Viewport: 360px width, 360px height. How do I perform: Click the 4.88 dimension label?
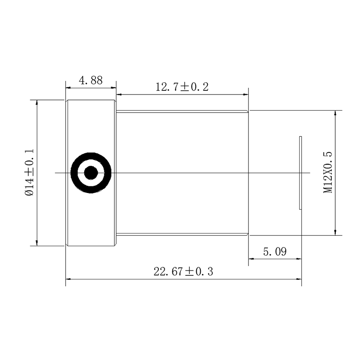91,81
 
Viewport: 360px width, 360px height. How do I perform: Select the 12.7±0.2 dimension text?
182,87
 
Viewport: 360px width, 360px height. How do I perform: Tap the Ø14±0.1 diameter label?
30,172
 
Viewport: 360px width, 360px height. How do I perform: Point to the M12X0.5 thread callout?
328,172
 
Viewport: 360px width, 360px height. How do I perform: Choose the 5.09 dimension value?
275,252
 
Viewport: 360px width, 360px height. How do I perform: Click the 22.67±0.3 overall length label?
183,272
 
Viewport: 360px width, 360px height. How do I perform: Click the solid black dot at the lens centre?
91,173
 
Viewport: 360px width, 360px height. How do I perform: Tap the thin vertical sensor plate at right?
301,173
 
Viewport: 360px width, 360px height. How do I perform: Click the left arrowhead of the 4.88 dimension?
68,87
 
